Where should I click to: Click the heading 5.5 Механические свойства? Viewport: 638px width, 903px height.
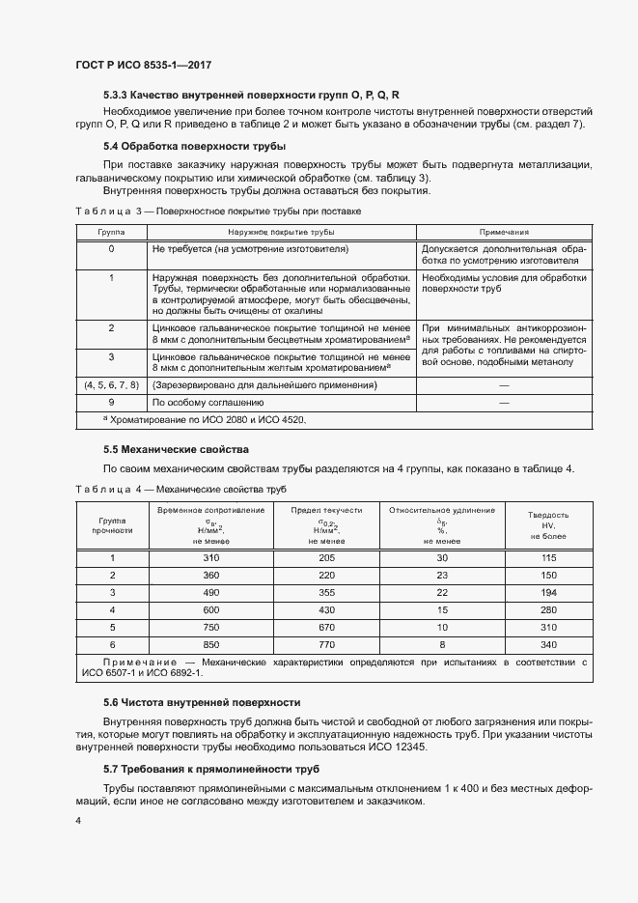pyautogui.click(x=176, y=449)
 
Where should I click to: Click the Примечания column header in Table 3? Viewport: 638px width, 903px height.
pyautogui.click(x=504, y=233)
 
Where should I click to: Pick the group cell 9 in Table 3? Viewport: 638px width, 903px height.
pyautogui.click(x=111, y=402)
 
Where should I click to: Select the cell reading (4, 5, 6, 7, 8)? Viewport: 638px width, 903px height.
pyautogui.click(x=111, y=384)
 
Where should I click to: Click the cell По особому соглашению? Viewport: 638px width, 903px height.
pyautogui.click(x=208, y=402)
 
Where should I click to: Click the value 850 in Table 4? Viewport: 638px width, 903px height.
pyautogui.click(x=211, y=643)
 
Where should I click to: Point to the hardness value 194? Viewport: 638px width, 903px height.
pyautogui.click(x=550, y=592)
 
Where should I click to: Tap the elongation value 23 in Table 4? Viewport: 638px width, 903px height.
pyautogui.click(x=442, y=575)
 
